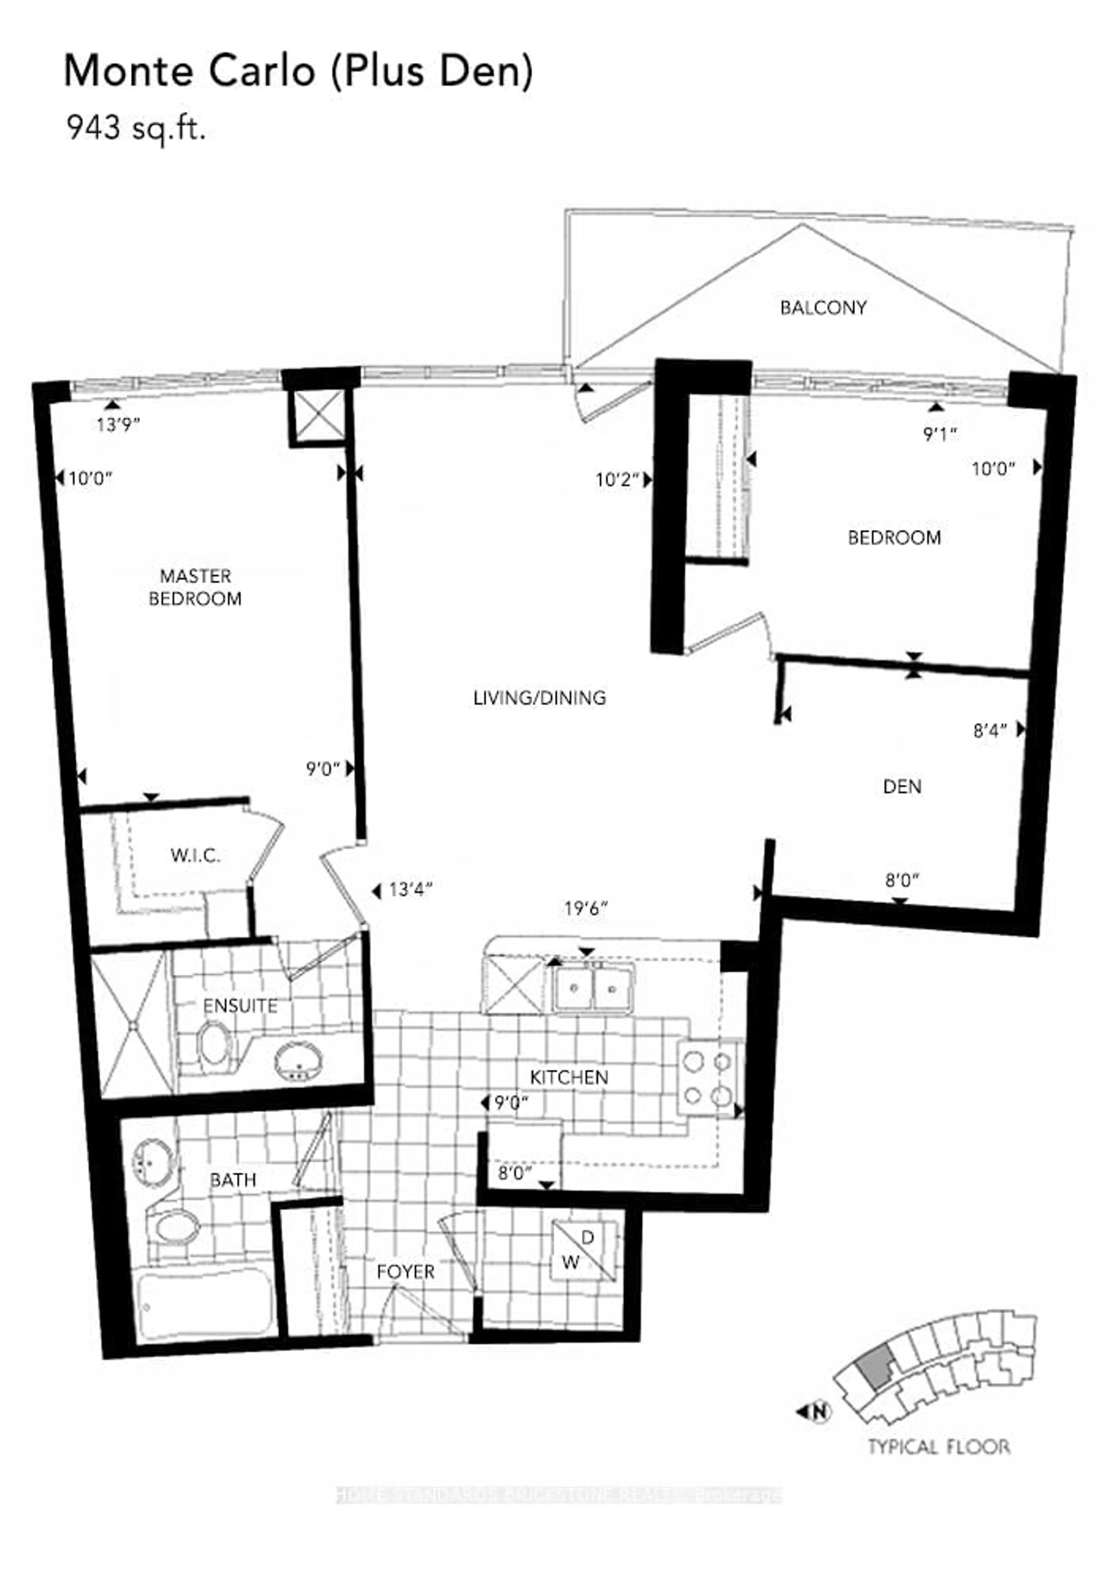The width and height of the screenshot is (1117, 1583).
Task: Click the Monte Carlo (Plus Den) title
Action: (x=298, y=72)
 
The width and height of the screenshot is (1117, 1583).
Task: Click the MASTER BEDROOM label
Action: (x=195, y=587)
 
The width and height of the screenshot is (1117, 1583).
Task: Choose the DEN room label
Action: (x=902, y=787)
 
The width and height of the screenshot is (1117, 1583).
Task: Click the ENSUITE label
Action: (x=240, y=1006)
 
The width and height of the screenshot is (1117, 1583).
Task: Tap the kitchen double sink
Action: (x=593, y=988)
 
